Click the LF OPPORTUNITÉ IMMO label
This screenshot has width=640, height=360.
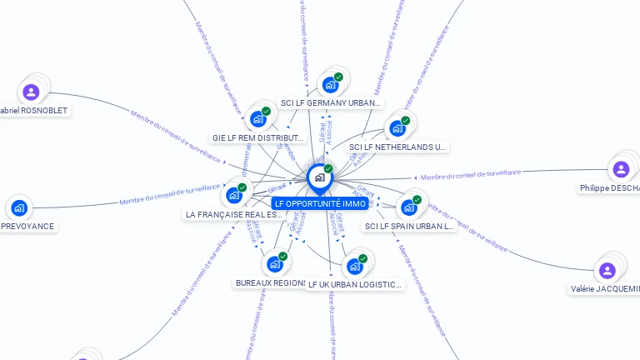(x=320, y=203)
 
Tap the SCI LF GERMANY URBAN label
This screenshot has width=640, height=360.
(x=331, y=103)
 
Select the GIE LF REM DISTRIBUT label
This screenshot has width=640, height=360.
(x=257, y=137)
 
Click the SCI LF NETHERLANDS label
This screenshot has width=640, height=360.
(x=397, y=147)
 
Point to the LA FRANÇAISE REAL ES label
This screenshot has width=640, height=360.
(x=234, y=214)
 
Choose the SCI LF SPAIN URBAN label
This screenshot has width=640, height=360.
(x=409, y=226)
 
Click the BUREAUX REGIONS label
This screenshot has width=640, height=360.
(x=271, y=282)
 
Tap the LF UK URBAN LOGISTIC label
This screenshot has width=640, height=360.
(x=355, y=284)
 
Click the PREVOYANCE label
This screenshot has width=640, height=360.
(x=27, y=226)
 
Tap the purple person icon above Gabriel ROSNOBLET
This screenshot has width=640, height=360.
(x=31, y=92)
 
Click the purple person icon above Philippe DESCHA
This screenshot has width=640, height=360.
(x=621, y=169)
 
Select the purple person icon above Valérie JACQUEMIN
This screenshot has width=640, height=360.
(x=607, y=271)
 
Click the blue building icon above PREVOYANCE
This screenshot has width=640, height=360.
(x=19, y=207)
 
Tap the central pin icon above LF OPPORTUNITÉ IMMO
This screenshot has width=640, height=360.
(x=319, y=177)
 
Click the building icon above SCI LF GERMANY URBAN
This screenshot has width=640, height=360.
(x=331, y=85)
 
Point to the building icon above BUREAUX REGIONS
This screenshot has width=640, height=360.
(x=274, y=265)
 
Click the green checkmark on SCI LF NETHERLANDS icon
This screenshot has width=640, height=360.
(x=405, y=121)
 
